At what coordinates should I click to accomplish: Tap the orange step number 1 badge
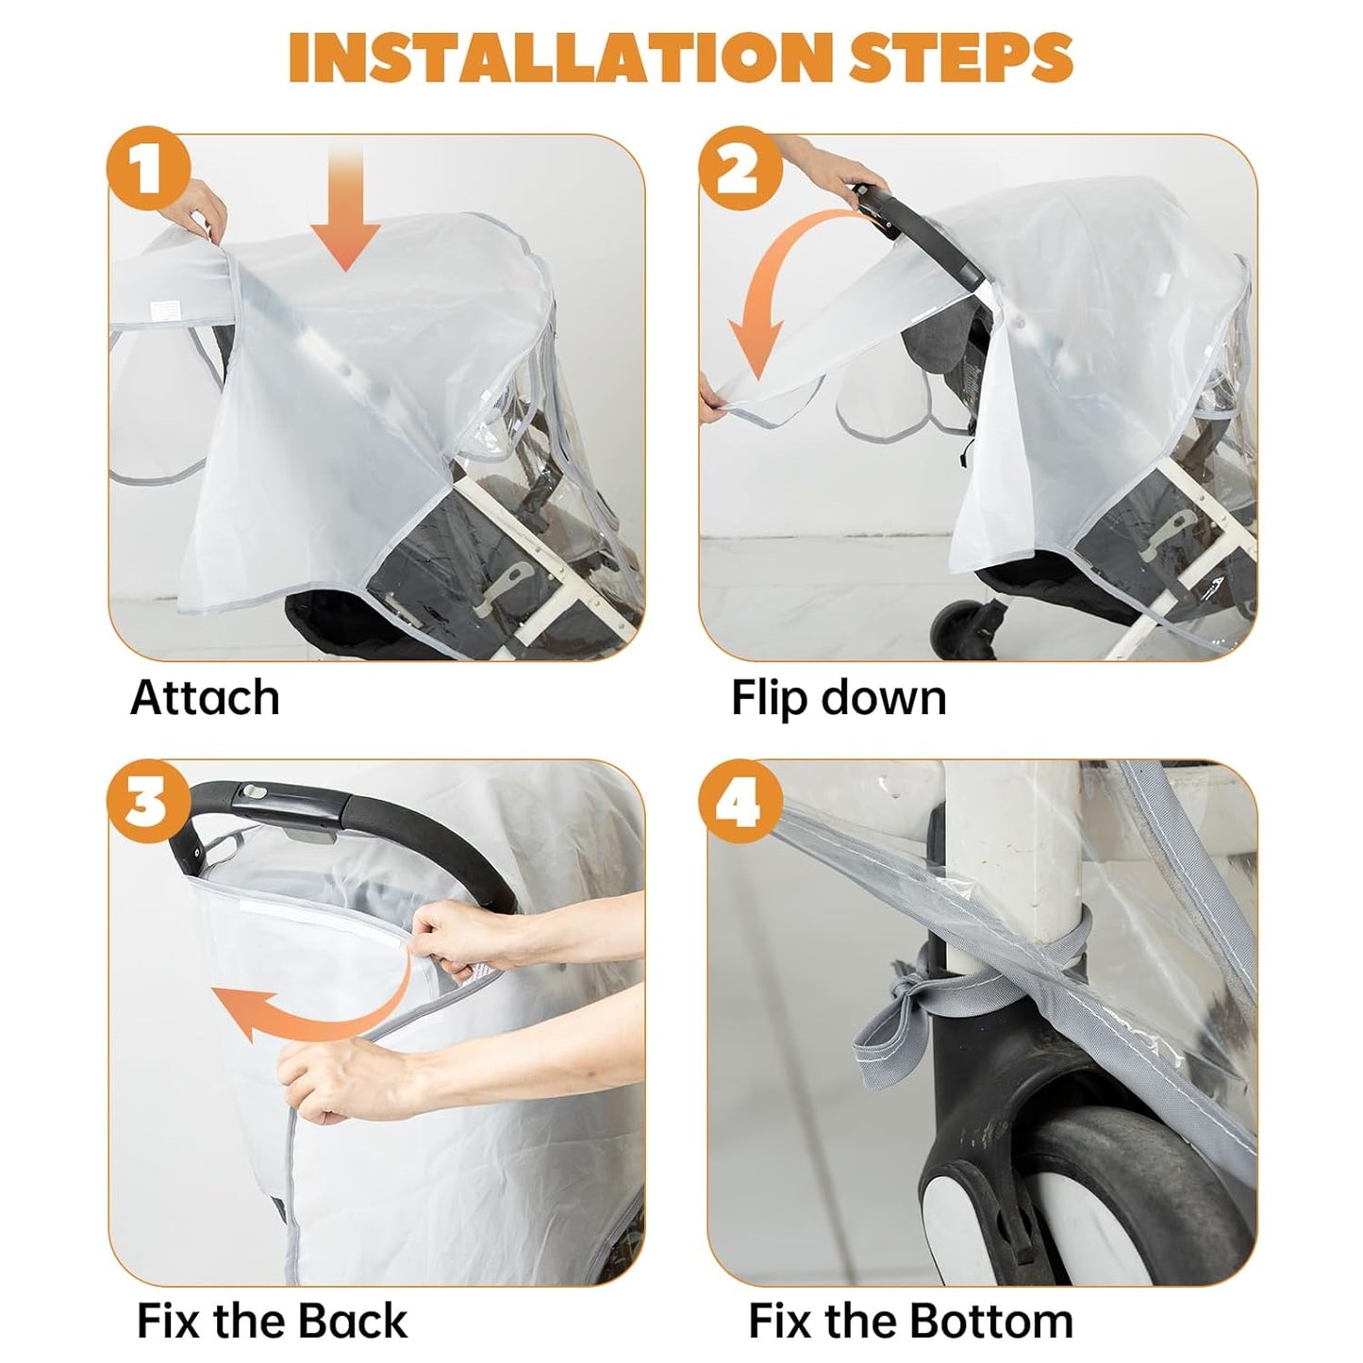tap(148, 168)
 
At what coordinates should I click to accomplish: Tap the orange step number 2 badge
tap(740, 168)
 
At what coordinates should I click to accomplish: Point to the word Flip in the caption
tap(769, 699)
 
